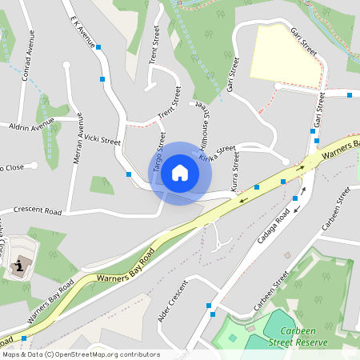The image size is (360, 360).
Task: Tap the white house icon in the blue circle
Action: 180,172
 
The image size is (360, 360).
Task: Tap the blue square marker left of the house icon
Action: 128,174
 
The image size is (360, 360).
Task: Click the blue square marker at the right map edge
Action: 350,94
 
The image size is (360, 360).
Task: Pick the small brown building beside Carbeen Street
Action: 288,255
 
